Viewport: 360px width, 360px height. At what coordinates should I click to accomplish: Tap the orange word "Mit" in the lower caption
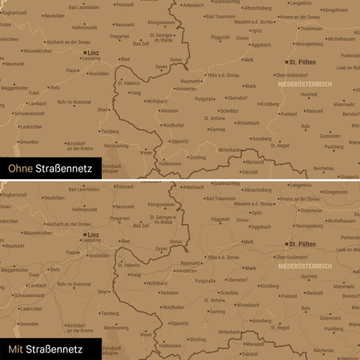[15, 349]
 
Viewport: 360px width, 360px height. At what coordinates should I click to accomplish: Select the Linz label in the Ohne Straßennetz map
[93, 54]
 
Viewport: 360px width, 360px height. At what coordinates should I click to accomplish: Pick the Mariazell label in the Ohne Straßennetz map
[255, 162]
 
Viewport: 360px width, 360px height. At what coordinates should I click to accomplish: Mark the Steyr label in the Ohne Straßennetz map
[104, 110]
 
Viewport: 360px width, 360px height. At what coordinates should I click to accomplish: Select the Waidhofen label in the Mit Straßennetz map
[173, 307]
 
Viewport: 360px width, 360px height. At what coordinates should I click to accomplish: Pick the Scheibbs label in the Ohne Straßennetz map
[229, 111]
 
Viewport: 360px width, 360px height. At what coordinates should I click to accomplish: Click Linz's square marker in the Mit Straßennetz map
[82, 235]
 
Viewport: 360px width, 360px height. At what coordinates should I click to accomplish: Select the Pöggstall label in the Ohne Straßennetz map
[220, 37]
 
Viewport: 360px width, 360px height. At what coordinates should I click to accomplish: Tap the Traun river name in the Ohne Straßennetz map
[34, 94]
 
